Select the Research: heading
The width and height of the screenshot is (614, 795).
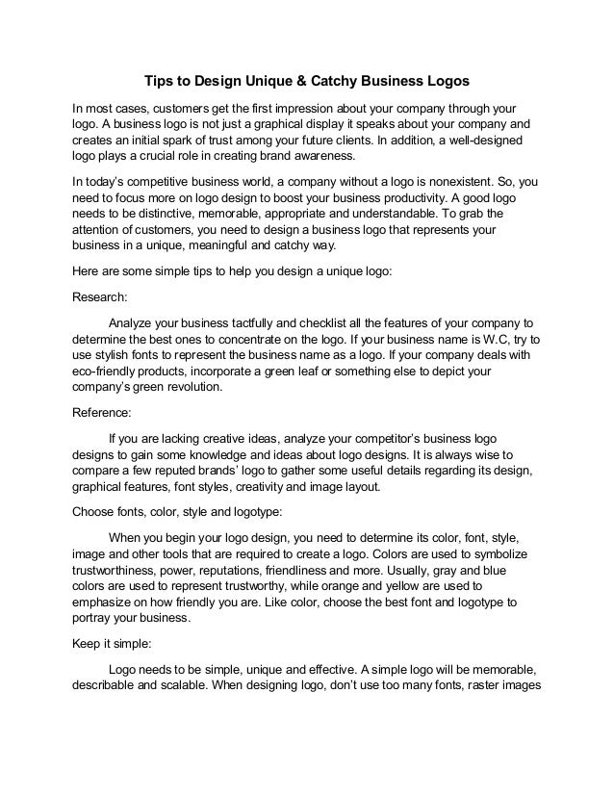click(x=102, y=297)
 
